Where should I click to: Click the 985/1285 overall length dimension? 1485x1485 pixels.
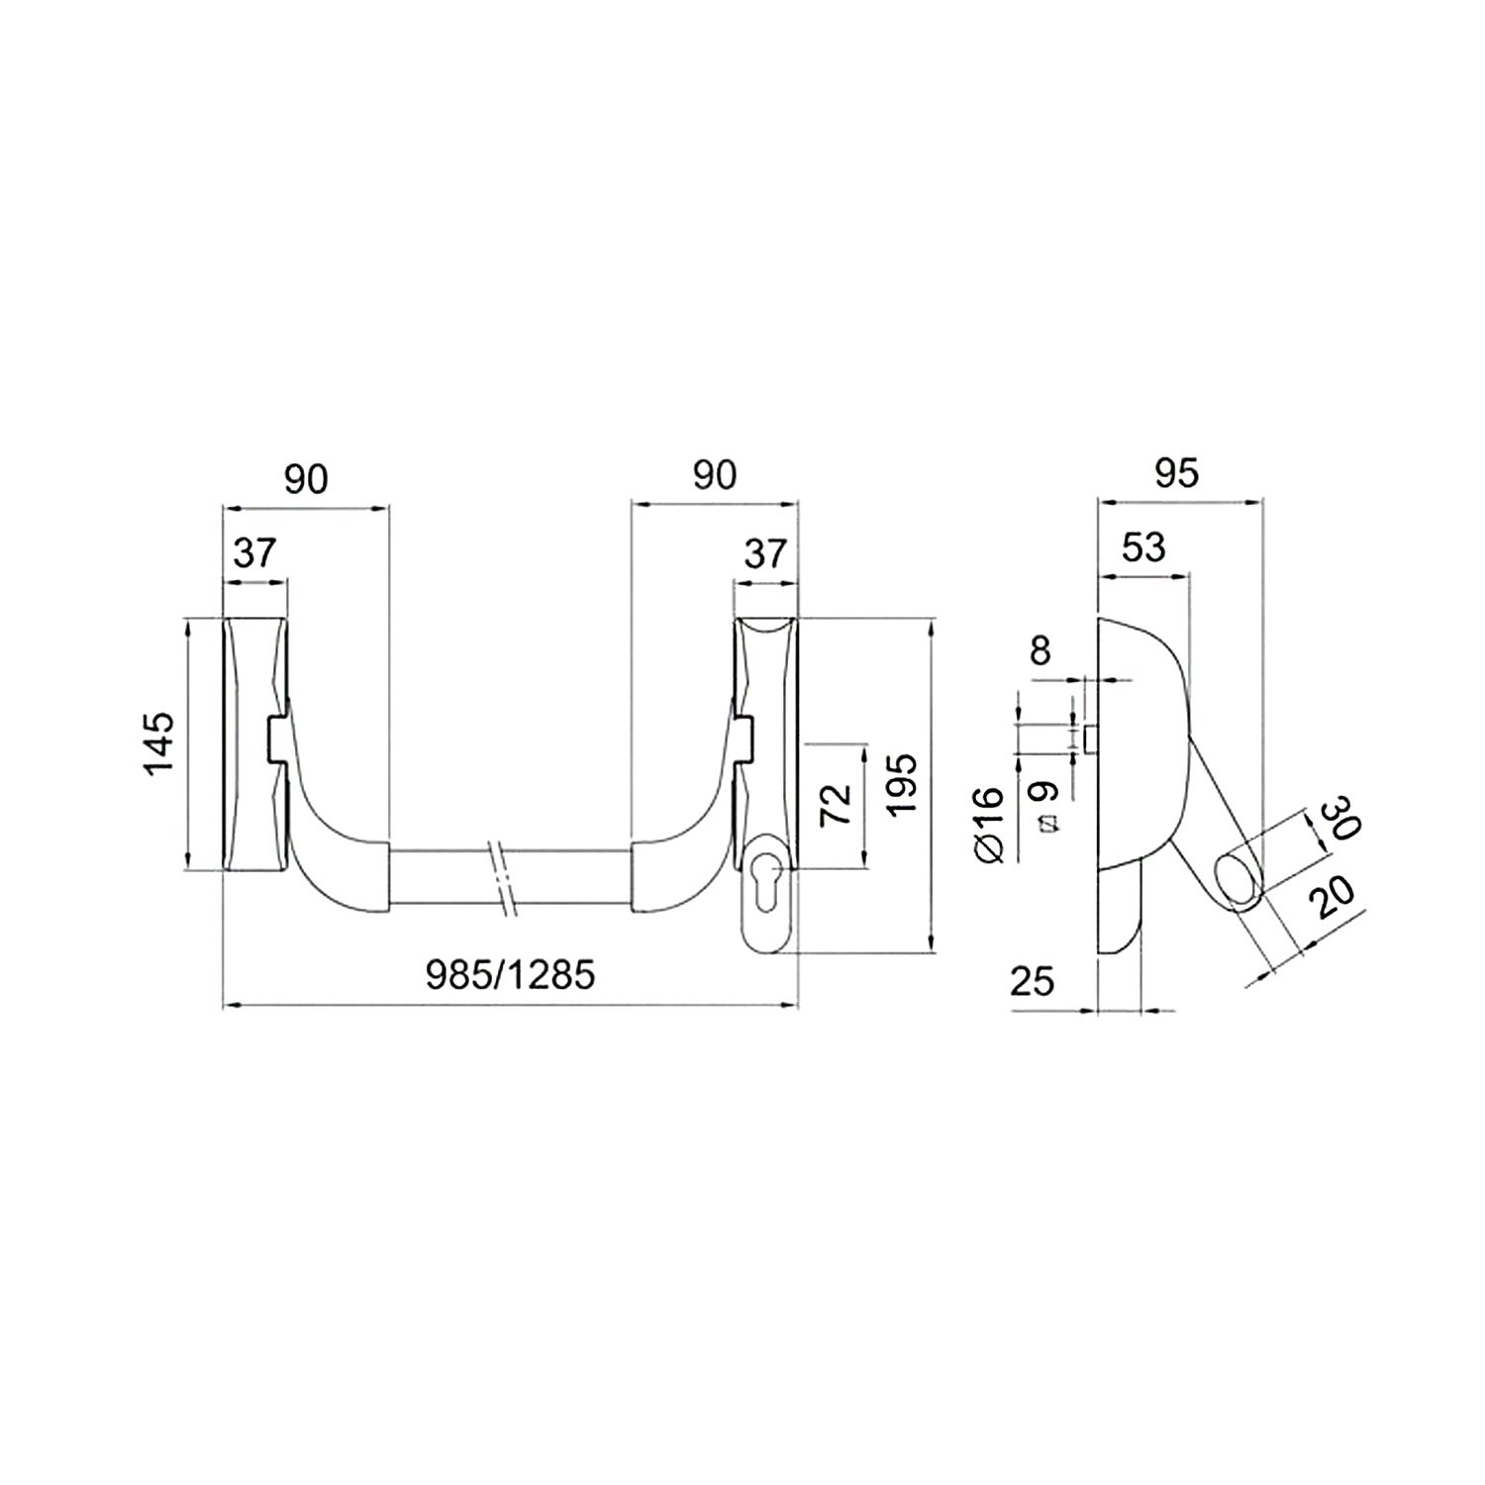[511, 976]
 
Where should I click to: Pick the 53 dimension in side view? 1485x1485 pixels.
[1143, 547]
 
